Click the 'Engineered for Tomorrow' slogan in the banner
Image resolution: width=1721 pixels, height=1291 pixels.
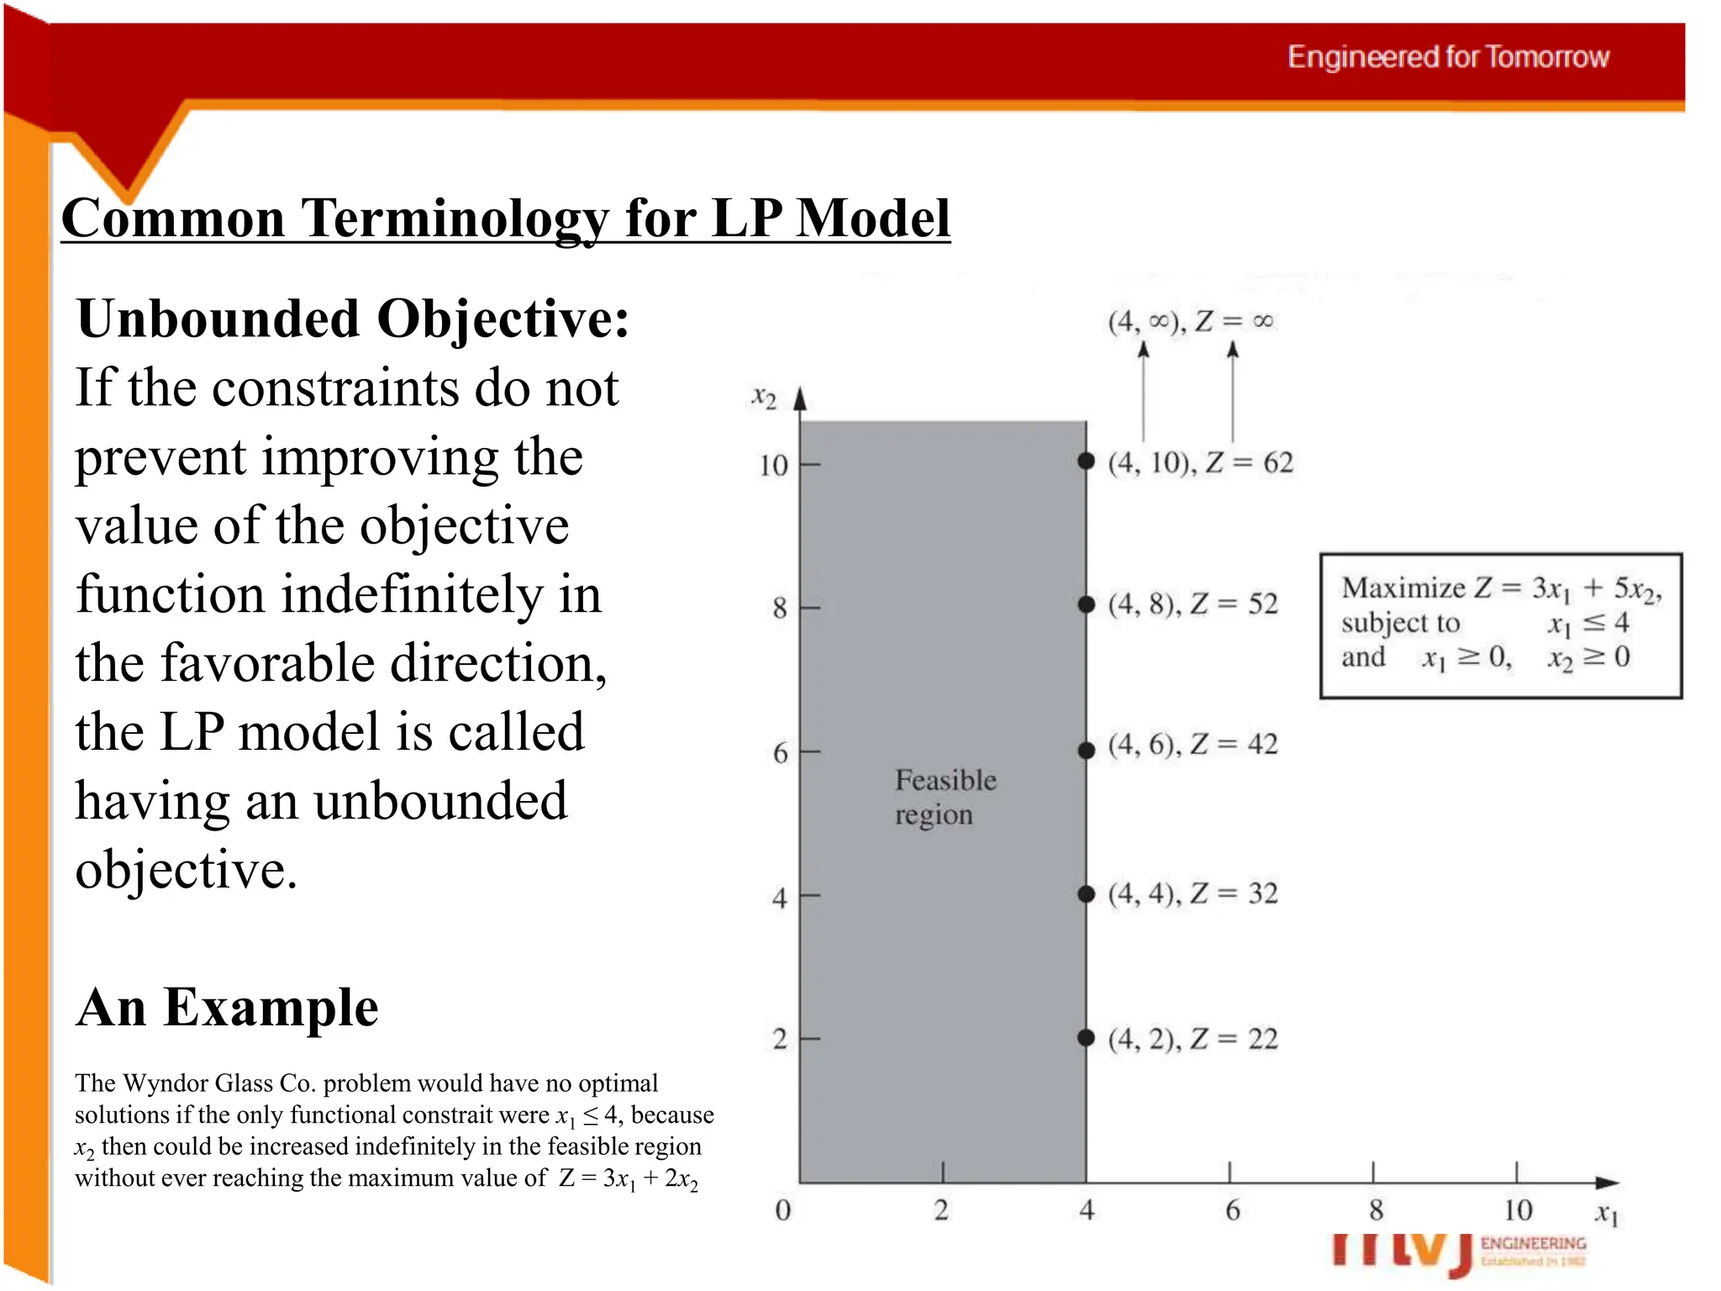(1447, 57)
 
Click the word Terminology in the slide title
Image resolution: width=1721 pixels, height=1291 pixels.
(455, 219)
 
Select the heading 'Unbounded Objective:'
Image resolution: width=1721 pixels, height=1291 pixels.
(353, 320)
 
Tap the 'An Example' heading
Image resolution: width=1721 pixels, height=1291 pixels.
(227, 1008)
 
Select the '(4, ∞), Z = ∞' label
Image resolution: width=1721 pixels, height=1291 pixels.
(1190, 321)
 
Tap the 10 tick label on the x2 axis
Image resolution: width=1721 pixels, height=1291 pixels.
(773, 466)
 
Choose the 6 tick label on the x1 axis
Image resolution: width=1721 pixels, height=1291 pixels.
(1232, 1210)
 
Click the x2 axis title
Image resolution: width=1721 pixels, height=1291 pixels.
(763, 397)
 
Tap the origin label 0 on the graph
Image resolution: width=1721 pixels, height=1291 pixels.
(782, 1210)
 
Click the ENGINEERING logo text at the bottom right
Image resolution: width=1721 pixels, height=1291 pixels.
(1533, 1243)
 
